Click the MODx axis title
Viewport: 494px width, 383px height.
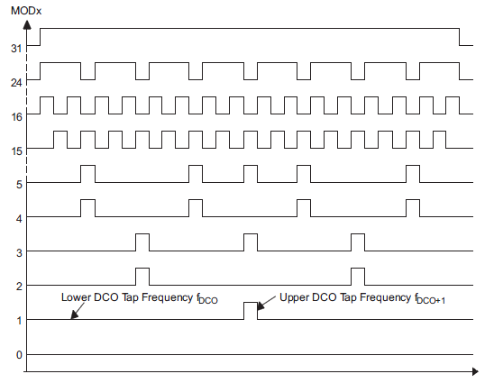tap(26, 11)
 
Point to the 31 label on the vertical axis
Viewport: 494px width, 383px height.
tap(16, 49)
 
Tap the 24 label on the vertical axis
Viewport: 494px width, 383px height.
tap(16, 83)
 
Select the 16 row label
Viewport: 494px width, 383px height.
tap(17, 117)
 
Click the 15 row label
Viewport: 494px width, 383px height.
tap(17, 151)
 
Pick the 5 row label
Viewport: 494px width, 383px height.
tap(19, 185)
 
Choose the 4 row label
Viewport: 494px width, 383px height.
tap(19, 219)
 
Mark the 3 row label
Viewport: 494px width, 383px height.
tap(19, 253)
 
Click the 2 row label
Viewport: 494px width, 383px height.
tap(19, 287)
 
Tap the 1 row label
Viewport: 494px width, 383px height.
tap(20, 321)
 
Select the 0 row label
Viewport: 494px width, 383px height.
tap(19, 355)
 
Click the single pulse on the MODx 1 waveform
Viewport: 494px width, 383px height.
tap(251, 303)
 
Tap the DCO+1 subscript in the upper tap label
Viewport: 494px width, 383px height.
tap(431, 301)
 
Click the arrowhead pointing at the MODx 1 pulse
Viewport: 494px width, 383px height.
tap(261, 306)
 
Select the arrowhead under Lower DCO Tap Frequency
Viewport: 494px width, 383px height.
tap(74, 315)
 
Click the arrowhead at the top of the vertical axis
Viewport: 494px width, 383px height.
tap(27, 25)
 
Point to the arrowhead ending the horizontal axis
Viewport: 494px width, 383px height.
tap(475, 371)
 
